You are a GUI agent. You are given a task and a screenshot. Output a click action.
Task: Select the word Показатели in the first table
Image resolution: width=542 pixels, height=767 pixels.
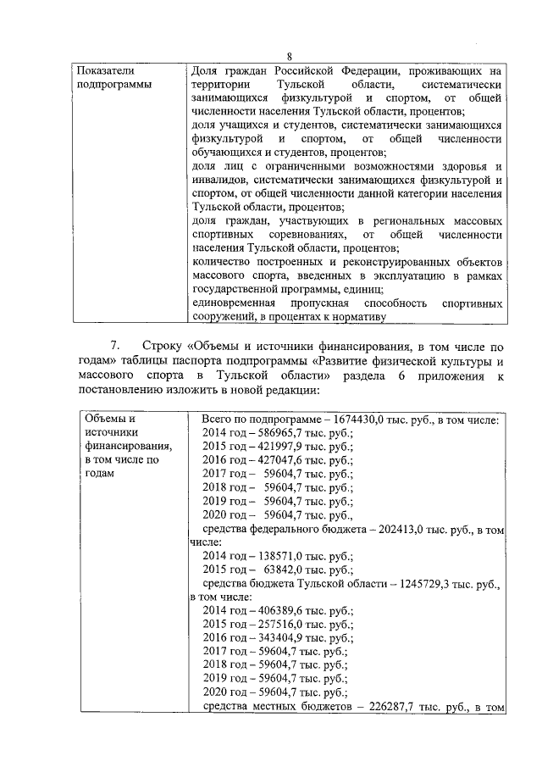(x=104, y=71)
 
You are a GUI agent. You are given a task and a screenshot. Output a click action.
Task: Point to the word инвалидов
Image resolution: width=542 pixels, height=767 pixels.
(x=219, y=181)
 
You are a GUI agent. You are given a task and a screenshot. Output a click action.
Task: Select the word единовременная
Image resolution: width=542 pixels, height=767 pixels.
(x=235, y=303)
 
